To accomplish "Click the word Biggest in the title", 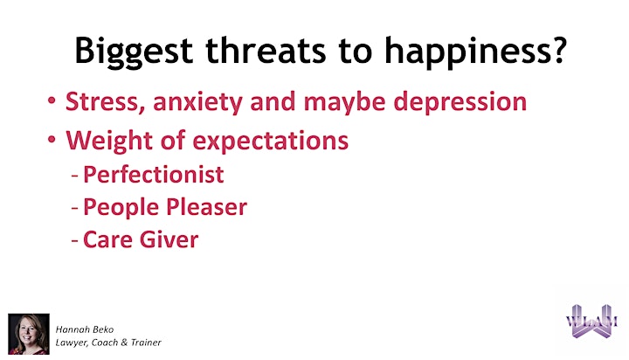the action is tap(134, 51).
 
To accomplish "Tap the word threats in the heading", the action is tap(266, 50).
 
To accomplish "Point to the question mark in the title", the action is tap(556, 50).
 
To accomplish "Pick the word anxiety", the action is tap(197, 102).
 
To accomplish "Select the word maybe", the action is tap(344, 102).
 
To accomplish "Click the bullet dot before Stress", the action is tap(52, 100).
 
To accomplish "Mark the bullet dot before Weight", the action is tap(52, 139).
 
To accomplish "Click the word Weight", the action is tap(109, 141).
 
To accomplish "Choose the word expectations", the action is tap(270, 142).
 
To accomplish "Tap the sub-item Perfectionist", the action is tap(153, 175).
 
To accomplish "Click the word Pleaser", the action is tap(206, 207).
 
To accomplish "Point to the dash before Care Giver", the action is tap(74, 241).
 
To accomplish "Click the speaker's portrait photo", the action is tap(29, 334).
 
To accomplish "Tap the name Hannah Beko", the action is tap(85, 329).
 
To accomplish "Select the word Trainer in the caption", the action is tap(146, 343).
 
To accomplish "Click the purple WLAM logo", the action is tap(591, 321).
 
